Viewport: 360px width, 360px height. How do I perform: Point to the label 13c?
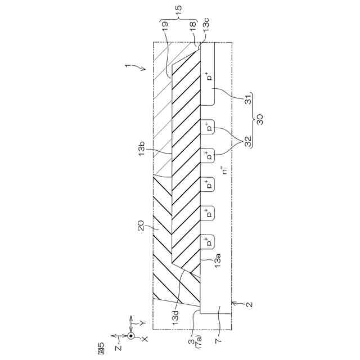point(205,24)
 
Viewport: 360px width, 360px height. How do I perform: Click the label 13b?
point(142,148)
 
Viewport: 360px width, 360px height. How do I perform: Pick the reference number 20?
point(141,226)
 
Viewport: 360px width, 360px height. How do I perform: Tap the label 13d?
point(175,317)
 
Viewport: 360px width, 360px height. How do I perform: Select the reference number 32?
point(249,141)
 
